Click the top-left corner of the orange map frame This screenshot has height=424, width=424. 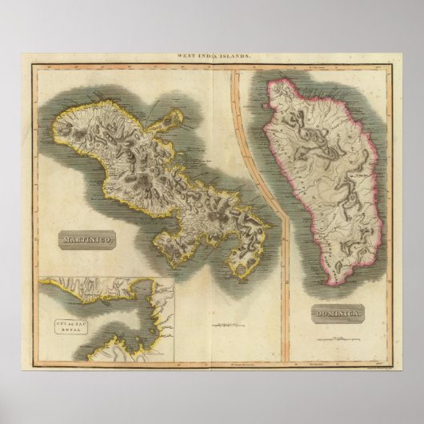coord(34,66)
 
